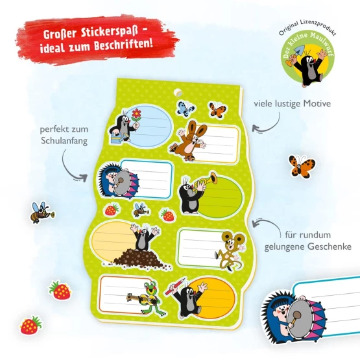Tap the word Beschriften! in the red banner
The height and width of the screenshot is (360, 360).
[x=123, y=45]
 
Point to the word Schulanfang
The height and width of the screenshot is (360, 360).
[x=64, y=141]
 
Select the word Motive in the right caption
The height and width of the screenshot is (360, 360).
[x=317, y=104]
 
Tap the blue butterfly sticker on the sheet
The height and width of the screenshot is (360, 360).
[x=186, y=108]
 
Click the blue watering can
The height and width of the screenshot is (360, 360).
[x=119, y=138]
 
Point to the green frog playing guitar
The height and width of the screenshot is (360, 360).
[x=149, y=298]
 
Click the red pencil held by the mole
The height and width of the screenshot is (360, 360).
[x=174, y=287]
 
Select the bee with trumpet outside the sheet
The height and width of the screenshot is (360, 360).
[x=42, y=212]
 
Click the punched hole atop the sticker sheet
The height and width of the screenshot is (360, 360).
[x=178, y=93]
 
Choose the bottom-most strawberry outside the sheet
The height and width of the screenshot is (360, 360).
[x=30, y=325]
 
